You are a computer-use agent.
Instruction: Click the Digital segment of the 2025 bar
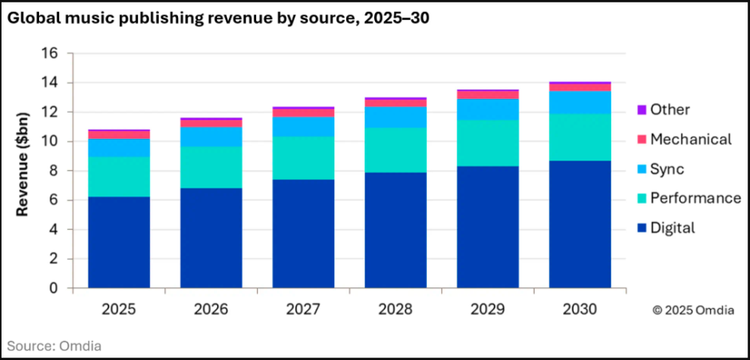pyautogui.click(x=119, y=242)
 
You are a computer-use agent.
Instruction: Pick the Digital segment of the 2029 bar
pyautogui.click(x=487, y=227)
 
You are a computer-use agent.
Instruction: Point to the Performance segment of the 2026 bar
pyautogui.click(x=211, y=167)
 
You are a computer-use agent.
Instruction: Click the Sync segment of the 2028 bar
pyautogui.click(x=396, y=117)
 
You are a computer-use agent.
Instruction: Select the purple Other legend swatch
pyautogui.click(x=641, y=109)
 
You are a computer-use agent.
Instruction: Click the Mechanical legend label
pyautogui.click(x=690, y=140)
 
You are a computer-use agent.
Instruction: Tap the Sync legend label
pyautogui.click(x=667, y=169)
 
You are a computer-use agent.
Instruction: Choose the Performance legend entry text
pyautogui.click(x=695, y=198)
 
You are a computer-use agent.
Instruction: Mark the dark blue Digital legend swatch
pyautogui.click(x=641, y=228)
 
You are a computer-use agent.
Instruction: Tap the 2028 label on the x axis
pyautogui.click(x=396, y=309)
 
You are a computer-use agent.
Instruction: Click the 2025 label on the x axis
pyautogui.click(x=119, y=309)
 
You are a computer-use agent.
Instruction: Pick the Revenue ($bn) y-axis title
pyautogui.click(x=24, y=170)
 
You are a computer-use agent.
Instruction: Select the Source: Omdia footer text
pyautogui.click(x=55, y=346)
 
